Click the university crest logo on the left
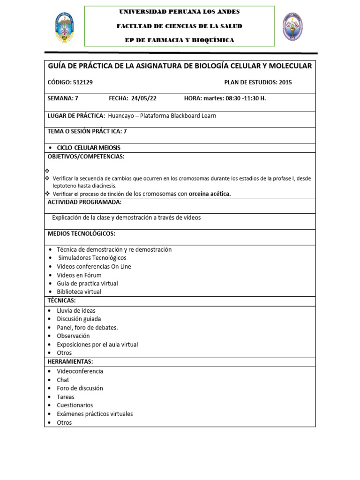(64, 27)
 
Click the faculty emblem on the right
(292, 26)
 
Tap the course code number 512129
(83, 82)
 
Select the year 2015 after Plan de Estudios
(285, 82)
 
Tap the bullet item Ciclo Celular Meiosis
(88, 148)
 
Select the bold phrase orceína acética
(210, 194)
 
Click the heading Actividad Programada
(84, 202)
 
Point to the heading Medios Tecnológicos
(81, 233)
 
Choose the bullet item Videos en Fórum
(79, 275)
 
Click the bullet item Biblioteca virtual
(79, 292)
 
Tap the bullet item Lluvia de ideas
(76, 310)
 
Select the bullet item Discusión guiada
(79, 319)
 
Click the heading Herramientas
(70, 361)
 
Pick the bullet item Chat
(63, 380)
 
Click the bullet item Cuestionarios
(75, 405)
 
